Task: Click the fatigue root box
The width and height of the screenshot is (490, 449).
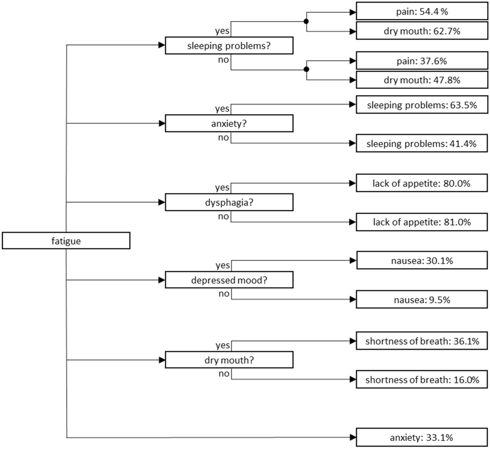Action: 66,240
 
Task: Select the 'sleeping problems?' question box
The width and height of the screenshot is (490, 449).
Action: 229,46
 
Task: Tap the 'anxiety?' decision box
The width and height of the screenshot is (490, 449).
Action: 229,123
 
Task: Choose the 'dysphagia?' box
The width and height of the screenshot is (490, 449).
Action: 229,202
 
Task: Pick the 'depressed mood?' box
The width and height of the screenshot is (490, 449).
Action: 229,280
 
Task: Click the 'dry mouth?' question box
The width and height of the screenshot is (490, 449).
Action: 229,360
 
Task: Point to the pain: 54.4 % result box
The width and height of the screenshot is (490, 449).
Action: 422,12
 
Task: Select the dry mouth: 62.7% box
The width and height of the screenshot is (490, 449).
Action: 422,31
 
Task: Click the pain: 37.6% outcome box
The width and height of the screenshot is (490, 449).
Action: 422,61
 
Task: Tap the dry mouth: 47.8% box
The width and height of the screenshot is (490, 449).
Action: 422,80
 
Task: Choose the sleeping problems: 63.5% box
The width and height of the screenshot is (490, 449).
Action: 422,105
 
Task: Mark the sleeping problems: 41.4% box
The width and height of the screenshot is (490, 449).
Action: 422,144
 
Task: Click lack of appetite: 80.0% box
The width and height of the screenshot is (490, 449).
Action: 422,183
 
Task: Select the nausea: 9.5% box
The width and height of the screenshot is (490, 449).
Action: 422,300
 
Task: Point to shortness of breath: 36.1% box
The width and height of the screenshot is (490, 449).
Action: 422,341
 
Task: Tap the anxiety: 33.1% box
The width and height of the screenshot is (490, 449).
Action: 422,437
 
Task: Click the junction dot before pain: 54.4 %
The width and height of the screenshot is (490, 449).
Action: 306,21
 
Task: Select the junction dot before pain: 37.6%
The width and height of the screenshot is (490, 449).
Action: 306,69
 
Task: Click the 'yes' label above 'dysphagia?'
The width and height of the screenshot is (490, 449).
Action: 222,187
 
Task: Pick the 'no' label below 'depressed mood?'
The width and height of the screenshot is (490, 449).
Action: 224,294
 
